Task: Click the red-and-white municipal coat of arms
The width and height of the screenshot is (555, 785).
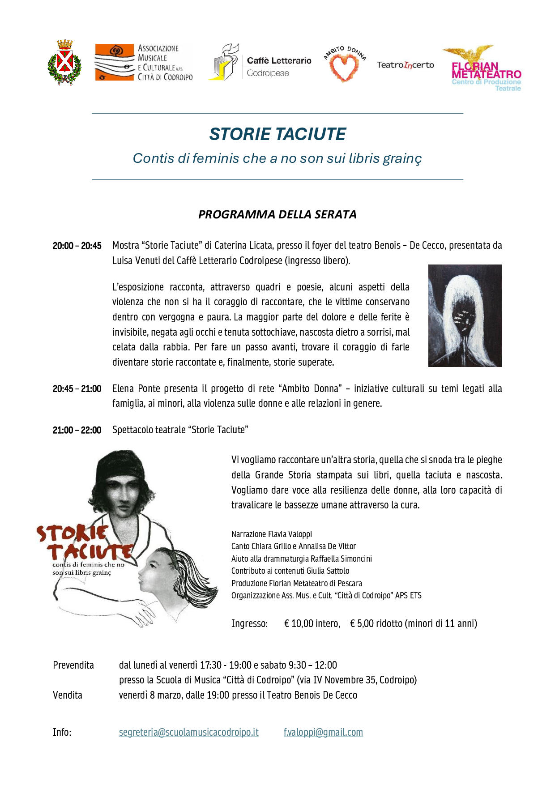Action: tap(64, 63)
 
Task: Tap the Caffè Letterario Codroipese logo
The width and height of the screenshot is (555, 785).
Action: tap(260, 63)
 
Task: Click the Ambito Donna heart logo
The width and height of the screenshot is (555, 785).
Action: tap(344, 65)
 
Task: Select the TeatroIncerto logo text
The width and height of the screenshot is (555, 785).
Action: tap(405, 65)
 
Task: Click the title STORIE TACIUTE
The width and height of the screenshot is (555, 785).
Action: tap(277, 134)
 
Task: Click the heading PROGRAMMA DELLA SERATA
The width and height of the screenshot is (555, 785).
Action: tap(277, 214)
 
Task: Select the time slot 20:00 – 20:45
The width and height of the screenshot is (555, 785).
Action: tap(77, 246)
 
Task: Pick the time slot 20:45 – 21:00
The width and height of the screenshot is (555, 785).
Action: tap(77, 389)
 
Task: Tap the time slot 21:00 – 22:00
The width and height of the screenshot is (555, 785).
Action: tap(77, 430)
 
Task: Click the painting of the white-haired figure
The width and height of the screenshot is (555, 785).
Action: tap(465, 316)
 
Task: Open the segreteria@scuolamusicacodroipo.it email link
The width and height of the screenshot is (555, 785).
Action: tap(188, 733)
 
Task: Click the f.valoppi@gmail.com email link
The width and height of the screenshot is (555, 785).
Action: tap(323, 733)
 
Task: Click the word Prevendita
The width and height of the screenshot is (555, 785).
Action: tap(73, 665)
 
